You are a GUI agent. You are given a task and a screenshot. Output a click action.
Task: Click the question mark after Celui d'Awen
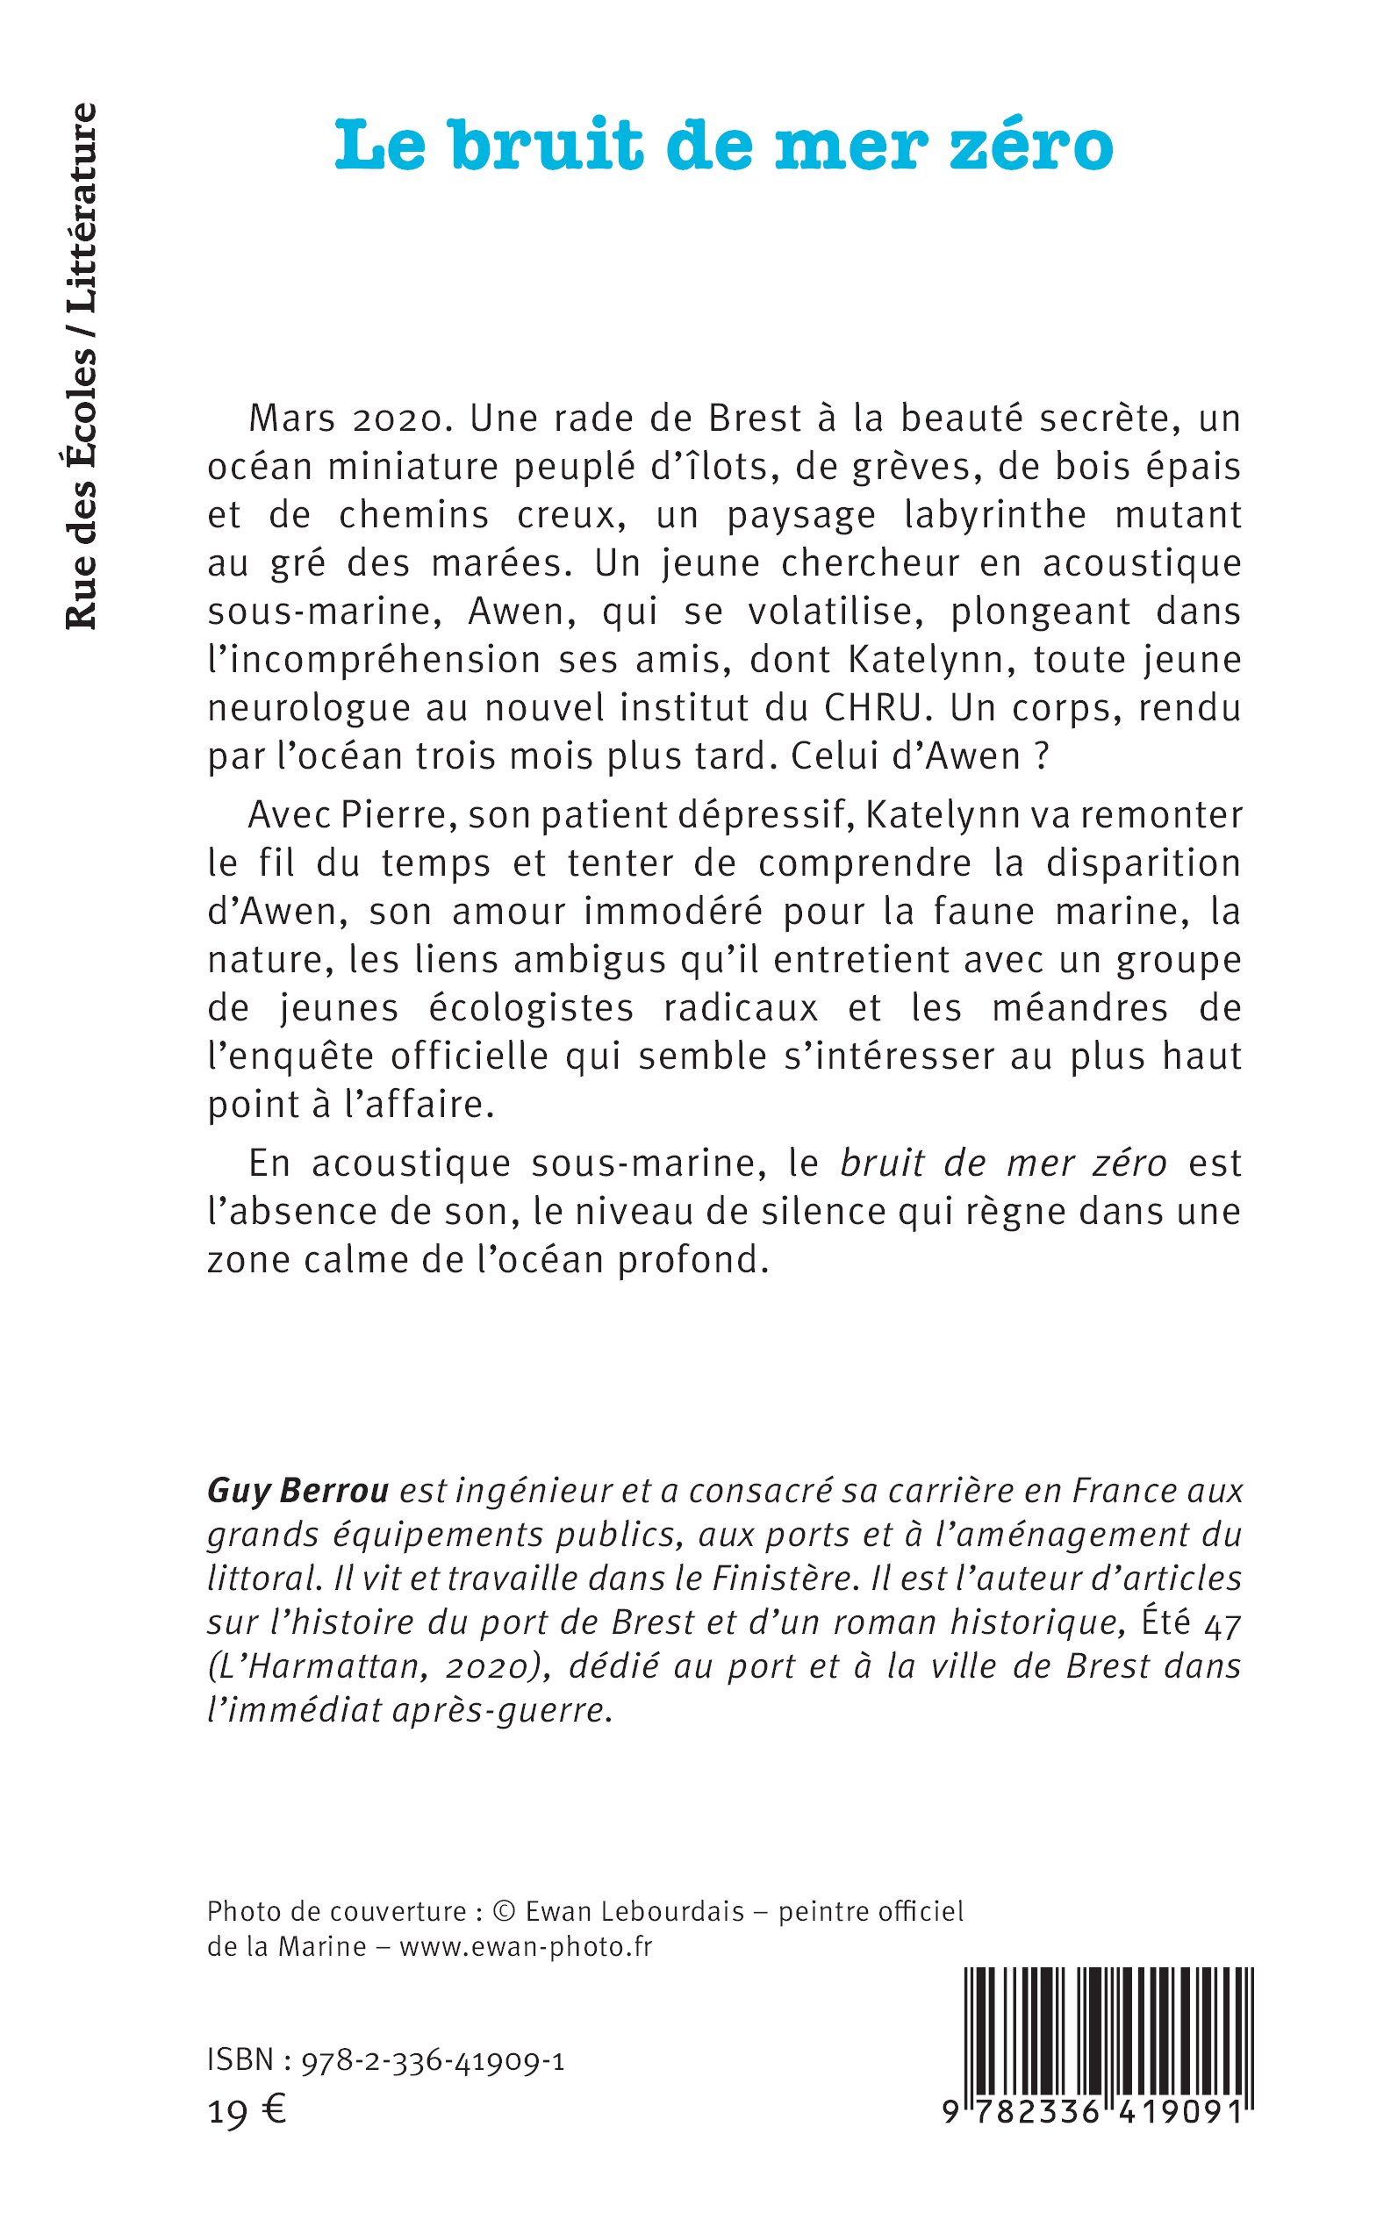pyautogui.click(x=1042, y=757)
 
